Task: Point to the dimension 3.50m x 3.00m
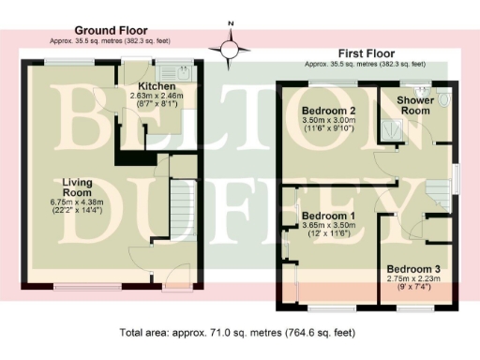(x=322, y=121)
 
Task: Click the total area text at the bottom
(x=238, y=332)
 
